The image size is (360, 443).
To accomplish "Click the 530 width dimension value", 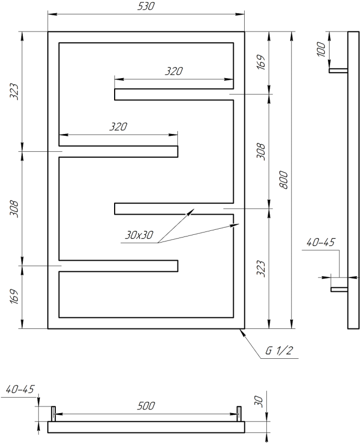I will [146, 7].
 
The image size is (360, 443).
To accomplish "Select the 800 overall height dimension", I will [283, 180].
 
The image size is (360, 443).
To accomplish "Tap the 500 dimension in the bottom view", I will [146, 406].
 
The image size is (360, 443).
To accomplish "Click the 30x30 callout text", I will [139, 235].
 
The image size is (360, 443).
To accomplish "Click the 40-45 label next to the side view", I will [321, 243].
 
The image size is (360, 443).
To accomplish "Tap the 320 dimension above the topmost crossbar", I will [173, 71].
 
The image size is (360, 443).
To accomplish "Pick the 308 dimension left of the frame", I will [15, 208].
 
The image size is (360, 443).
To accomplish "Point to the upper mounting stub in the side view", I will [338, 70].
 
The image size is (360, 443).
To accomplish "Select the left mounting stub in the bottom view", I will [54, 413].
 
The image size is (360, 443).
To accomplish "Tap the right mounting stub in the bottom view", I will [239, 413].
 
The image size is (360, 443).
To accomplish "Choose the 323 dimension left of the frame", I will [15, 91].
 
